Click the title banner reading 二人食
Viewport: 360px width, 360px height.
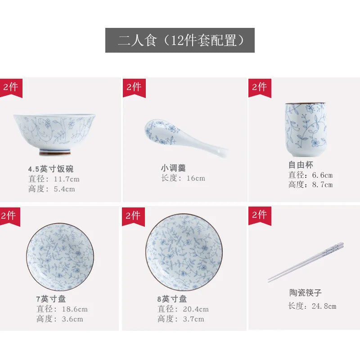point(180,40)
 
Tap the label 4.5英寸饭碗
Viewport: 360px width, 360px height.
point(50,169)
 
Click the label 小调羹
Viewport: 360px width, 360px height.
point(173,168)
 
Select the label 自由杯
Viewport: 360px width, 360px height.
point(301,165)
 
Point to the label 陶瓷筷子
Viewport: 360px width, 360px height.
point(306,293)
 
